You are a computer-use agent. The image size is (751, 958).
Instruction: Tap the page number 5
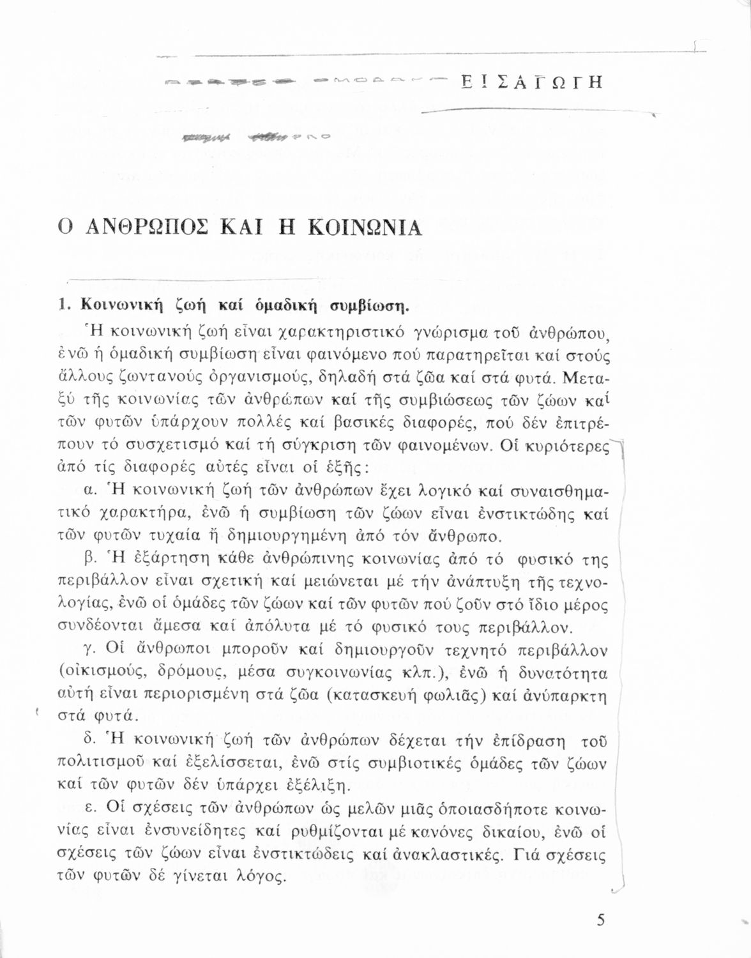coord(600,920)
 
